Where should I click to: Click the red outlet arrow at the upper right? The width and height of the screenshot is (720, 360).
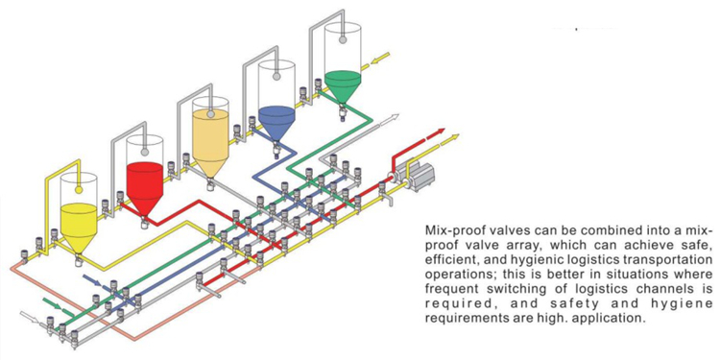[x=435, y=133]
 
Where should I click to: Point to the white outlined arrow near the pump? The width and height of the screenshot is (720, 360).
[x=389, y=119]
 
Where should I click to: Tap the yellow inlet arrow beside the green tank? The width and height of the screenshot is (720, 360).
[x=381, y=58]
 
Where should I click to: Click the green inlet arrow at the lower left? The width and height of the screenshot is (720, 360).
[x=53, y=304]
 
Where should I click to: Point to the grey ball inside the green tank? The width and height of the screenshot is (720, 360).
[x=343, y=40]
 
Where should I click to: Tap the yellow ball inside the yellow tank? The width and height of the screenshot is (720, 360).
[x=79, y=189]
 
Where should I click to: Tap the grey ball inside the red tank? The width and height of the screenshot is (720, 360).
[x=144, y=152]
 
